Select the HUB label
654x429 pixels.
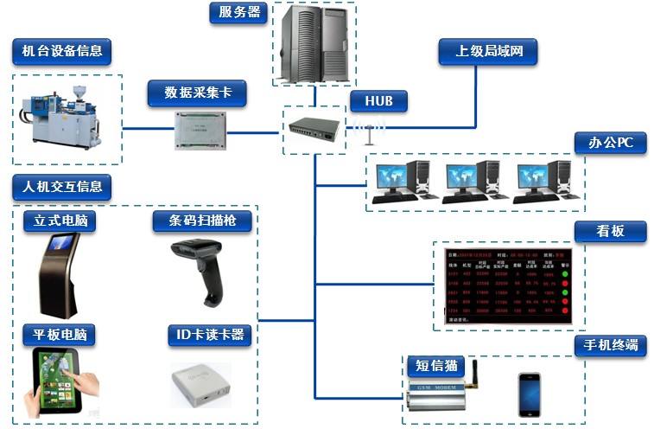(378, 101)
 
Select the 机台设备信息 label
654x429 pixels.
(62, 51)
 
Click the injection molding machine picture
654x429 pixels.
(60, 116)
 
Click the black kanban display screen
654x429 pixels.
(505, 286)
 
